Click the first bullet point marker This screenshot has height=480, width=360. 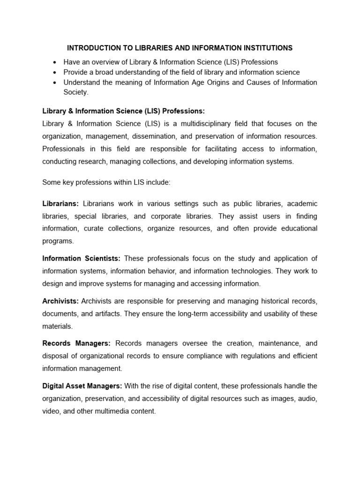[55, 62]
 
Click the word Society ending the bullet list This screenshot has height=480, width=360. [75, 92]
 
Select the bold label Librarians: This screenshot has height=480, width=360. [61, 204]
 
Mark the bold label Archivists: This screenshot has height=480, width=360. [60, 300]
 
